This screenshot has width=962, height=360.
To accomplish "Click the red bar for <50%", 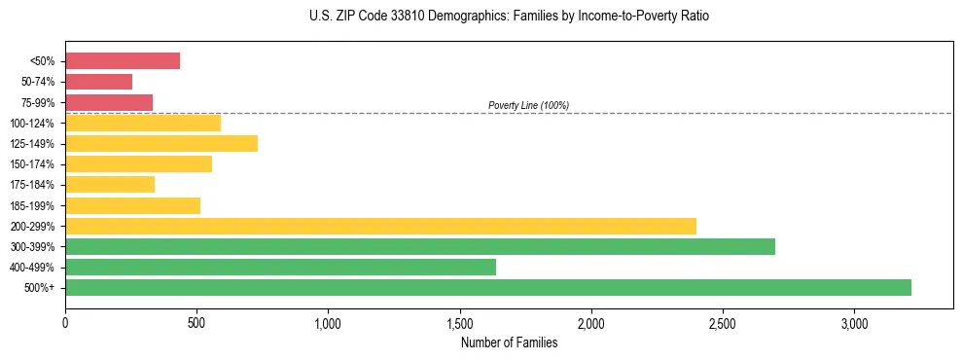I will pos(123,61).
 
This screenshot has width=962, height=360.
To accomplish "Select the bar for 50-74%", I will pos(98,82).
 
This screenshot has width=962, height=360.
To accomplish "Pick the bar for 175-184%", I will pos(110,185).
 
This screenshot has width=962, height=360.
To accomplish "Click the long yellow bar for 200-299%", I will pos(380,226).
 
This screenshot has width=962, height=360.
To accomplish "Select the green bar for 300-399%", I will pos(420,246).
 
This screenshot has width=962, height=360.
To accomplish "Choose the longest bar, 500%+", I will pos(488,287).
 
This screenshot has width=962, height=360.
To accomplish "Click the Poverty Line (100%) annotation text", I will pos(528,105).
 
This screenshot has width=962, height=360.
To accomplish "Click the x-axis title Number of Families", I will pos(509,342).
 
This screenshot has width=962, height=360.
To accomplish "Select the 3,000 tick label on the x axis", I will pos(854,322).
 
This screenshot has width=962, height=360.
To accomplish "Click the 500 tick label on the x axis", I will pos(196,322).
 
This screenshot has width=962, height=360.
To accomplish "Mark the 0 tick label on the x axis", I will pos(65,322).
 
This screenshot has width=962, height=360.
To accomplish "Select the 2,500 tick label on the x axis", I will pos(723,322).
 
